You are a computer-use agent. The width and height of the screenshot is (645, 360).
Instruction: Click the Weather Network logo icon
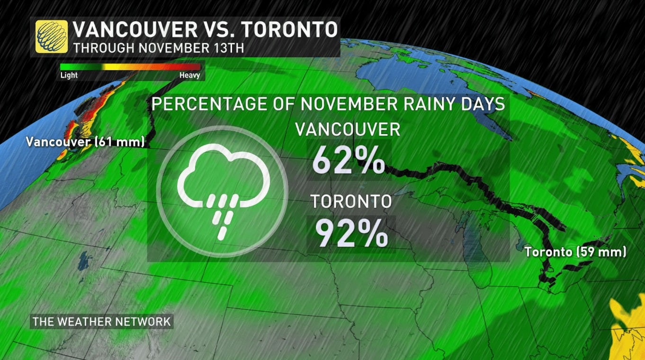[x=51, y=36]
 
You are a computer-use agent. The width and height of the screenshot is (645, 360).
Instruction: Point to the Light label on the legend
[x=69, y=75]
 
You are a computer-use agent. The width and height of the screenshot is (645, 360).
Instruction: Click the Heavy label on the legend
[x=189, y=75]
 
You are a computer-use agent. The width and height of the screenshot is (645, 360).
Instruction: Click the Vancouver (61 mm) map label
[x=85, y=141]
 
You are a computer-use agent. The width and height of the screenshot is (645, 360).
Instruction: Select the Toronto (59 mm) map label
[x=575, y=252]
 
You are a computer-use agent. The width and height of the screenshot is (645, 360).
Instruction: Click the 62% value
[x=349, y=162]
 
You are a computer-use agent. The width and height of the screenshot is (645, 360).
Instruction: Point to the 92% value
[x=351, y=234]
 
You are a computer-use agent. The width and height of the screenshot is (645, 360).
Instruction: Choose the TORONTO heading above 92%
[x=351, y=202]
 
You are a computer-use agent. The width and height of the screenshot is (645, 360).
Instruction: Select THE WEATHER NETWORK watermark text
[x=101, y=322]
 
